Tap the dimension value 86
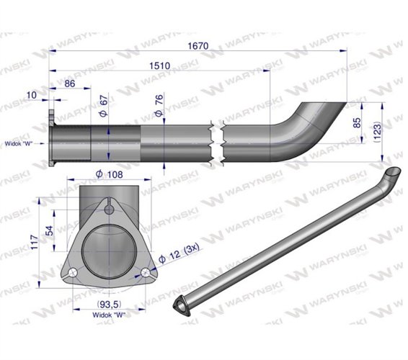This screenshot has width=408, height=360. pos(70,84)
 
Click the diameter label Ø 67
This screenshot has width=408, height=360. pos(102,107)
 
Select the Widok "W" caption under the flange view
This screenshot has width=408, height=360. pos(109,314)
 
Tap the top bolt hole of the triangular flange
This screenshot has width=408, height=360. pos(109,210)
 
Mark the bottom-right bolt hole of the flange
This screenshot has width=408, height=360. pos(146,273)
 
